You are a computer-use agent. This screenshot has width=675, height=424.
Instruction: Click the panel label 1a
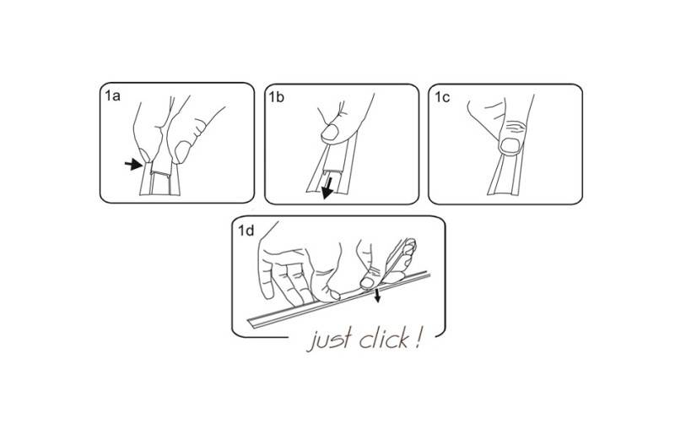[112, 95]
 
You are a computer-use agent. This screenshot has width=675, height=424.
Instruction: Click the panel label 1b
[277, 97]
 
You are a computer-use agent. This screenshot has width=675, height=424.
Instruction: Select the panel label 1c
[441, 97]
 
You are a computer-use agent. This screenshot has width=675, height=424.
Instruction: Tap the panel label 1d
[246, 231]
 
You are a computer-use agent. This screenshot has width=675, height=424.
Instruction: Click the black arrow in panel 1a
[133, 164]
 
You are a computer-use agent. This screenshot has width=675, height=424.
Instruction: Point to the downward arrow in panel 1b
[328, 188]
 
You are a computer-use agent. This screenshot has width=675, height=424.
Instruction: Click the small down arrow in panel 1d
[377, 296]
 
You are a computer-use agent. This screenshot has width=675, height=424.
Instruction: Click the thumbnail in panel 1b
[330, 133]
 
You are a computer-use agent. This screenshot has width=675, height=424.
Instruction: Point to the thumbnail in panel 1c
[510, 145]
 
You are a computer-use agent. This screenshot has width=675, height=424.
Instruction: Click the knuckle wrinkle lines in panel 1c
[515, 127]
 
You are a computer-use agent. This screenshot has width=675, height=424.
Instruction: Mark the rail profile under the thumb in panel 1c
[504, 176]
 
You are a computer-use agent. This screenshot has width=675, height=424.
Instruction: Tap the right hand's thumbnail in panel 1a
[181, 152]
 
